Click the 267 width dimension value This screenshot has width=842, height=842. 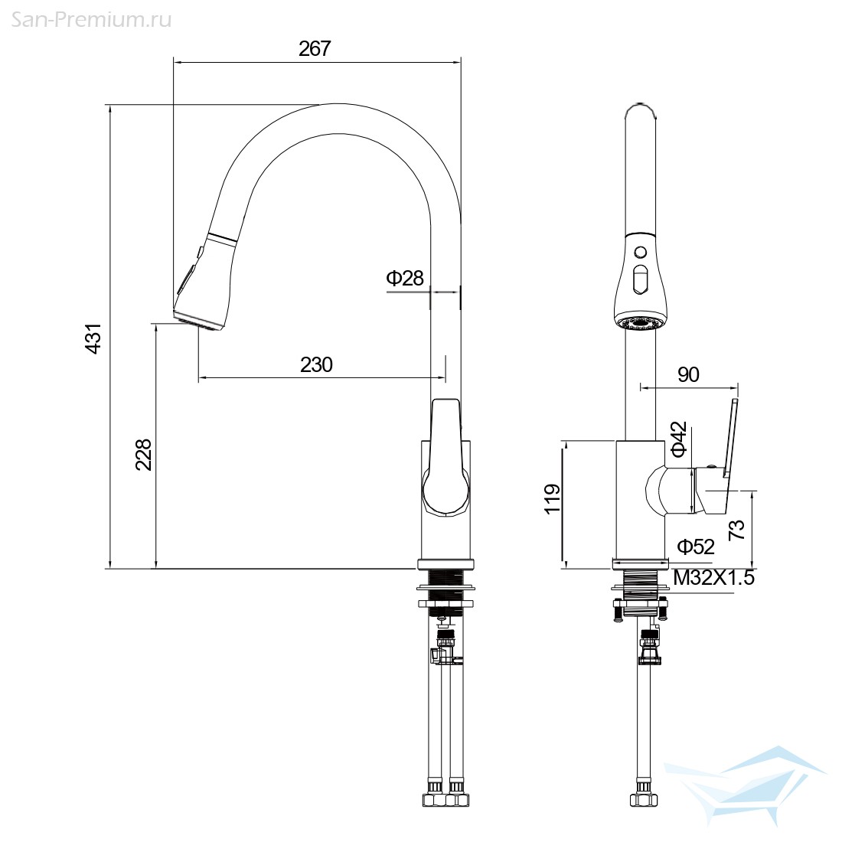[315, 49]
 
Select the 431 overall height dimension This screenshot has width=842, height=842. [93, 338]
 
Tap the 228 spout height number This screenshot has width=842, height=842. [143, 455]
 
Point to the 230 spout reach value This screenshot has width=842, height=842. [316, 365]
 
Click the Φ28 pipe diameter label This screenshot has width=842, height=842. [405, 278]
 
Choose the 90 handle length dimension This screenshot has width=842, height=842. [688, 374]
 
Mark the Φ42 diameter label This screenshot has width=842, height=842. [679, 439]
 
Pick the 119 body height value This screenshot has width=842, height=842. [553, 499]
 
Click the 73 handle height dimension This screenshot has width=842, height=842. [736, 530]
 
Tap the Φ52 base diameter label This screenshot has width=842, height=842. [695, 547]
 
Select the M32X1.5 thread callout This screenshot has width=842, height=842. [714, 578]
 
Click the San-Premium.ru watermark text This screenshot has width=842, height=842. [91, 21]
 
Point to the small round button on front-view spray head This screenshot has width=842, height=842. [640, 251]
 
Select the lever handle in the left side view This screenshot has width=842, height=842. [445, 458]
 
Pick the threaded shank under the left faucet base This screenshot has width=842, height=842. [446, 591]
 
